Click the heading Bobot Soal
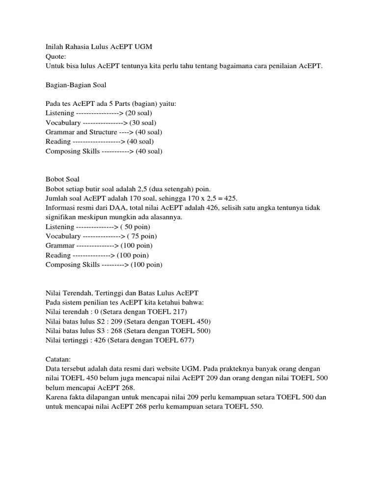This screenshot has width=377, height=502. pyautogui.click(x=62, y=179)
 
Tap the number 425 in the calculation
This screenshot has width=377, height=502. pyautogui.click(x=231, y=199)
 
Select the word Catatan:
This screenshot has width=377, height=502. pyautogui.click(x=59, y=359)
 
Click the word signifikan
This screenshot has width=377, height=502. pyautogui.click(x=60, y=217)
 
